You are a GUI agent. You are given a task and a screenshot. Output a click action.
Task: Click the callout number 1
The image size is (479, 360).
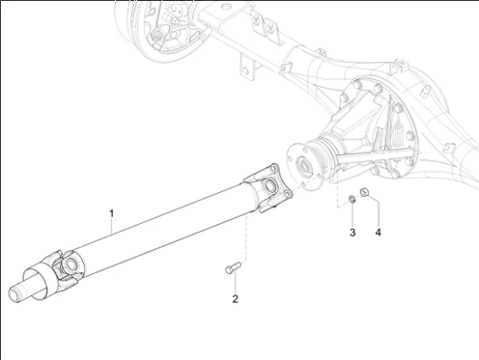coord(112,213)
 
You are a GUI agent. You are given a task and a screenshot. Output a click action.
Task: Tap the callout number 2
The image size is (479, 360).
coord(236,299)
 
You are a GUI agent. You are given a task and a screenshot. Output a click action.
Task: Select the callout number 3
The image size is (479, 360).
coord(352,233)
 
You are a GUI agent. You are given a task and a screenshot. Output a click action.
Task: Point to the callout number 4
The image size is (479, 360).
coord(378,233)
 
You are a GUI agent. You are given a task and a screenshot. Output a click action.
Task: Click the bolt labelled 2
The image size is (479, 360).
coord(233,267)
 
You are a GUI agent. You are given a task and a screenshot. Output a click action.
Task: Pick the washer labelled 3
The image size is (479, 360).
coord(352,199)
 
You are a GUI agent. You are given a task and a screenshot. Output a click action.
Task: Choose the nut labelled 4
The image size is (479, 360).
coord(365,192)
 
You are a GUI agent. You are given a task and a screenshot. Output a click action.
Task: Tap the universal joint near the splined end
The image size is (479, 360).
coord(67,266)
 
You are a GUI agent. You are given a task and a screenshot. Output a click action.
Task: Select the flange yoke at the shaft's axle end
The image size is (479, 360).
coord(268,187)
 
